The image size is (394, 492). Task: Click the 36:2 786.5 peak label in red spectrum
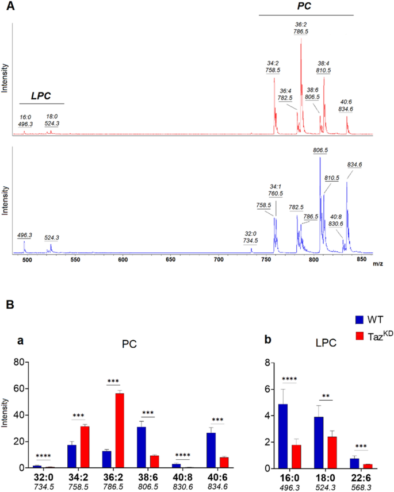pyautogui.click(x=301, y=28)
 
